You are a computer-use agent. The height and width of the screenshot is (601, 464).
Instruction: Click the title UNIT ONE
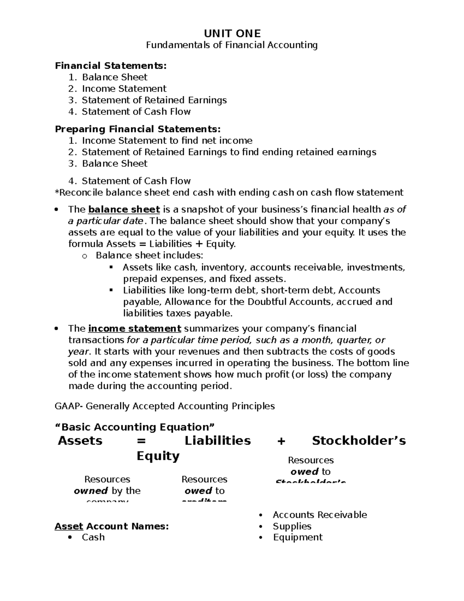tap(232, 34)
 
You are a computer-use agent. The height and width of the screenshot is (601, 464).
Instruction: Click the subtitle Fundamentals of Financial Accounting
tap(232, 45)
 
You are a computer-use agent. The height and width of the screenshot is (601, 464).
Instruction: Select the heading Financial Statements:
tap(111, 66)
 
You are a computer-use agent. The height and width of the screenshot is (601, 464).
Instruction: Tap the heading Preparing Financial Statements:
tap(138, 129)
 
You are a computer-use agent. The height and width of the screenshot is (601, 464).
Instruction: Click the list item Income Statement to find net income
tap(167, 140)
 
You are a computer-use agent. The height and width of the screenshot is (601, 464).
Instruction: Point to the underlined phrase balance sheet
tap(124, 210)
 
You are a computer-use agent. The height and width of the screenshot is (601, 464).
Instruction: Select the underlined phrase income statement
tap(135, 329)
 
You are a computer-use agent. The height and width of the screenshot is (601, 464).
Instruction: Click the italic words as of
tap(394, 210)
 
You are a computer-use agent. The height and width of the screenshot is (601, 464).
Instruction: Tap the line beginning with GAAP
tap(165, 406)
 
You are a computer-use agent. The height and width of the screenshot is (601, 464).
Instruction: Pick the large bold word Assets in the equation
tap(80, 441)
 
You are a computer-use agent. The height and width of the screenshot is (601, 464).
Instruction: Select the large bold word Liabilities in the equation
tap(218, 441)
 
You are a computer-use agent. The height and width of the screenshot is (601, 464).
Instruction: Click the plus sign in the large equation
tap(281, 441)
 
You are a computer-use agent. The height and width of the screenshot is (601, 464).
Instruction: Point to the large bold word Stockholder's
tap(359, 441)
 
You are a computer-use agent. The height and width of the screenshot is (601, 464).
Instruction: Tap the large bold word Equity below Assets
tap(158, 456)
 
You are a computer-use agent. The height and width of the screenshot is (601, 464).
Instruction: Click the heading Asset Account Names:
tap(112, 526)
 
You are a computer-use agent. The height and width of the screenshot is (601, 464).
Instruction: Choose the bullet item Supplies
tap(292, 526)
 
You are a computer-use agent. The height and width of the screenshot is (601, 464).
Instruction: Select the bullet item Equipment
tap(298, 537)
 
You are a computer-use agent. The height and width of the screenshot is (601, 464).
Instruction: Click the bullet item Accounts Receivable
tap(320, 515)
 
